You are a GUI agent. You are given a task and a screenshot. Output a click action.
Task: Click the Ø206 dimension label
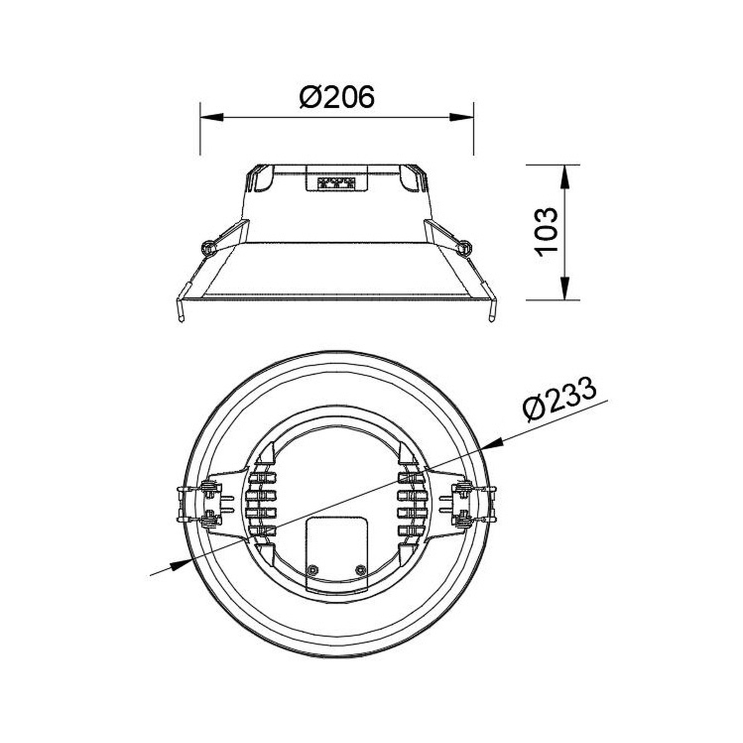click(337, 96)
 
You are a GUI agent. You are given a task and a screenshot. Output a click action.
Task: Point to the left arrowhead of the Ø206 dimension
click(212, 117)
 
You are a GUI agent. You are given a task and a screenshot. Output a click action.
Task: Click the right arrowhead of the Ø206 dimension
click(461, 117)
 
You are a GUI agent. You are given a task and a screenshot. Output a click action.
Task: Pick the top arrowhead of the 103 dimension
click(565, 177)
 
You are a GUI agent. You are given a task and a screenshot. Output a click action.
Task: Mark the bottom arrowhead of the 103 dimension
click(565, 288)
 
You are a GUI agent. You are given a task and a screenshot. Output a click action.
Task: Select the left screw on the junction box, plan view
click(312, 570)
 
